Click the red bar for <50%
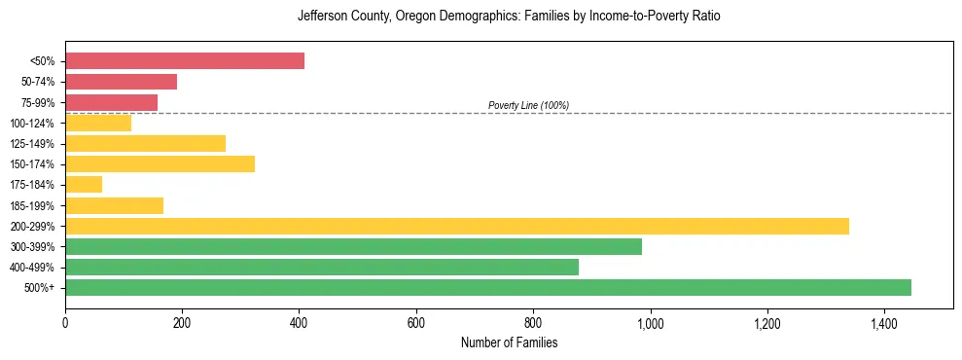point(185,61)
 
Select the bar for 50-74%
point(122,82)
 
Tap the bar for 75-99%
point(112,102)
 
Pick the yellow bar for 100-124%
point(98,123)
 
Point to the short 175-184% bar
point(84,184)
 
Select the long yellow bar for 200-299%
point(457,226)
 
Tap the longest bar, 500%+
point(488,287)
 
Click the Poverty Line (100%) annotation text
point(528,105)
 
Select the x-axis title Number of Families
point(509,342)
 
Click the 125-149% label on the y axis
point(34,144)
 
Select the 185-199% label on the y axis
point(34,205)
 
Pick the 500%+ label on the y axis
point(40,288)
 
